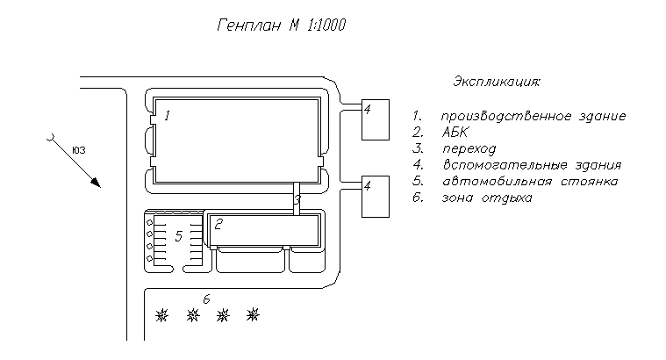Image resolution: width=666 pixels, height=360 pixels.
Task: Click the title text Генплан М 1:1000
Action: pos(282,26)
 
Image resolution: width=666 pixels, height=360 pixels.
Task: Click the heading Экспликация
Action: pos(496,82)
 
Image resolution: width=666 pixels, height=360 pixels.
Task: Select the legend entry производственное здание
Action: pos(533,116)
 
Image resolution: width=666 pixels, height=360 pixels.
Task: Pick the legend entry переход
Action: pos(469,148)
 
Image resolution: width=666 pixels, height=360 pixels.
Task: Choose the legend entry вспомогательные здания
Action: pos(532,165)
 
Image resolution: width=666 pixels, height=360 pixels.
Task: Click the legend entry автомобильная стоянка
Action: pos(530,182)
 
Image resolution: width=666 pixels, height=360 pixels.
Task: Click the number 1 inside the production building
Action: pos(167,115)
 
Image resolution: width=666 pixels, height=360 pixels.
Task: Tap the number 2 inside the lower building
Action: pos(218,223)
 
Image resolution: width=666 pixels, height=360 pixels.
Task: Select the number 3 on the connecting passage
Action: pos(297,201)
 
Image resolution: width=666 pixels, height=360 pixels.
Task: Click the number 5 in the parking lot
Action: pos(178,235)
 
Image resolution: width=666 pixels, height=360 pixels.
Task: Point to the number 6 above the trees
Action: pos(206,299)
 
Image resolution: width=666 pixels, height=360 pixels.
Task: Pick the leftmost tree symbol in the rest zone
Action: pos(161,313)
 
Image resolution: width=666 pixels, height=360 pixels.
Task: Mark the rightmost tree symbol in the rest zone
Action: pos(254,313)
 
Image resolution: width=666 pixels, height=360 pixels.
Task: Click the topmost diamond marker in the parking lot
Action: pos(149,222)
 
